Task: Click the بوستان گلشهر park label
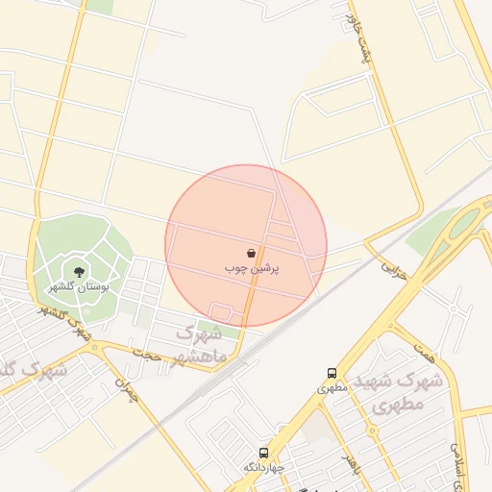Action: click(x=79, y=286)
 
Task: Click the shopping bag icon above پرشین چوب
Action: click(x=252, y=254)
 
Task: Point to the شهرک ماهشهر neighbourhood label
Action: click(x=202, y=346)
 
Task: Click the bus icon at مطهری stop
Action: click(x=332, y=373)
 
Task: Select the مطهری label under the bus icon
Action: click(x=332, y=388)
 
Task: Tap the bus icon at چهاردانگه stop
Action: click(x=261, y=451)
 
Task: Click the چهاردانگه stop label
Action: click(x=261, y=466)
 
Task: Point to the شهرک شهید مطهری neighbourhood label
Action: click(x=396, y=389)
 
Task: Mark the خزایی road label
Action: click(x=395, y=269)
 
